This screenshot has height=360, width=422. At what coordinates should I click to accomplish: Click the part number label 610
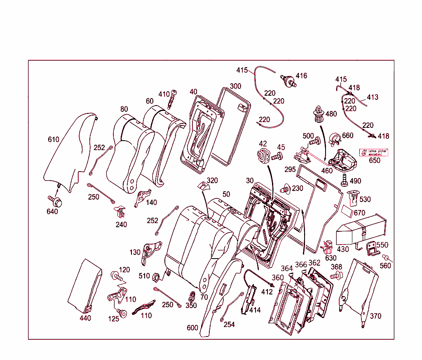tap(54, 139)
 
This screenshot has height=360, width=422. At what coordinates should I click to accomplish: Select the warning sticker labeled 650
tap(374, 153)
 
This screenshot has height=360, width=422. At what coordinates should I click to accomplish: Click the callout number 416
tap(301, 75)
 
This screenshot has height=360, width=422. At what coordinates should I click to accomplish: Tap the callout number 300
tap(235, 86)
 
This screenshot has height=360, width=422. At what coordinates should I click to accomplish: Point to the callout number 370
tap(375, 316)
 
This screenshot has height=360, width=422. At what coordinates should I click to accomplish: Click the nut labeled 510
tap(156, 276)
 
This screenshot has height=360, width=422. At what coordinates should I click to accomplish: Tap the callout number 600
tap(193, 328)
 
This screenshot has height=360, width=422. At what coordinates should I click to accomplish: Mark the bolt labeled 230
tap(285, 189)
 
